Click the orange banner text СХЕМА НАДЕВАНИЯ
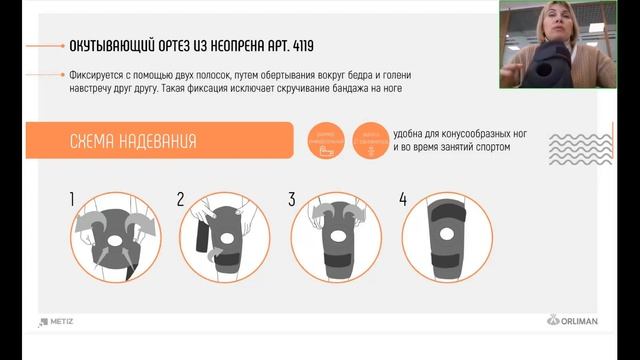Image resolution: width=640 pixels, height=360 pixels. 133,141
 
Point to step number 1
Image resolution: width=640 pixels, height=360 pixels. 73,200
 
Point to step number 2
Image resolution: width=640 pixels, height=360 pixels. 181,200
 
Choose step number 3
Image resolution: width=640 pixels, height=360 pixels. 292,200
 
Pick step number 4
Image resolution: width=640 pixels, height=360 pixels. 403,200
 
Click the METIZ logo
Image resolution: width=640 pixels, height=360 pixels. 57,321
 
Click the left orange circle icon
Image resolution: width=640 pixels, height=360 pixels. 321,141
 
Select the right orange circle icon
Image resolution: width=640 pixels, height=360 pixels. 370,141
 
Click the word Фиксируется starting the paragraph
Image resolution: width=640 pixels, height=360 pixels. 100,75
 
